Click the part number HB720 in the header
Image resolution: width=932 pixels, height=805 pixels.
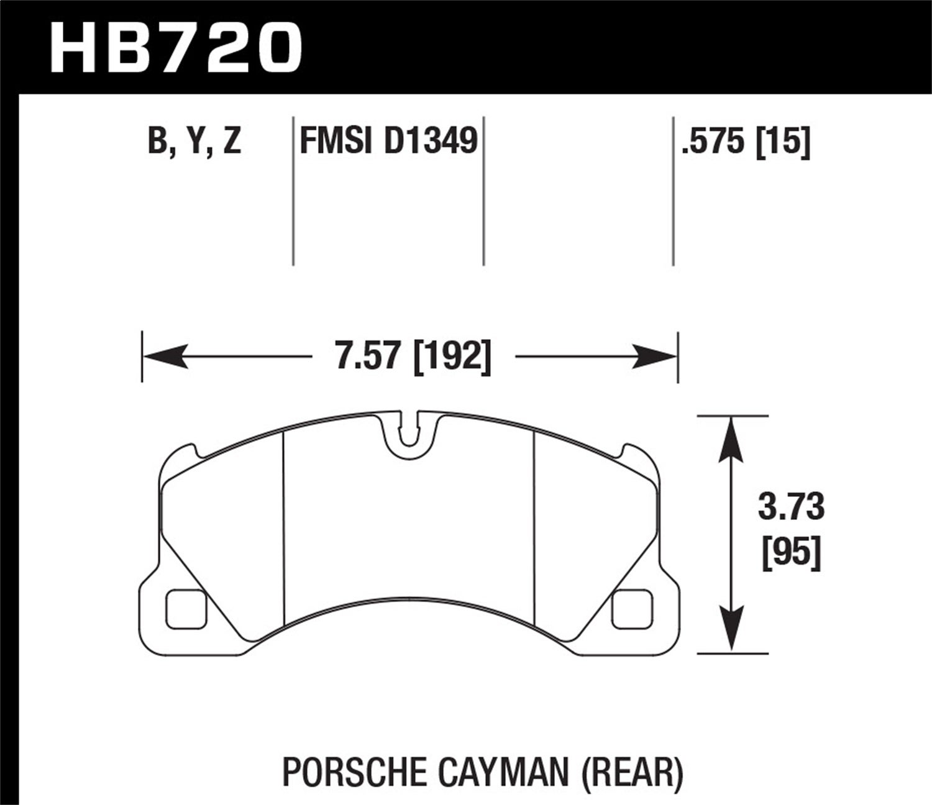[176, 47]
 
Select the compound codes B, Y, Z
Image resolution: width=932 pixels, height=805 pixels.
[194, 142]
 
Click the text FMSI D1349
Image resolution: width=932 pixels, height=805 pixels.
[388, 142]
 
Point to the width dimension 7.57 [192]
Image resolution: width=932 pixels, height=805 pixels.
[413, 357]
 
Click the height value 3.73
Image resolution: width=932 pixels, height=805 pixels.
[791, 506]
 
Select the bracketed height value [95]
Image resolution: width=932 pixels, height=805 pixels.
[791, 551]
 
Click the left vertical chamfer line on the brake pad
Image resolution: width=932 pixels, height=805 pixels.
[283, 528]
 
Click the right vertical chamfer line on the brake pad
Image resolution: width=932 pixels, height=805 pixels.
[534, 528]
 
